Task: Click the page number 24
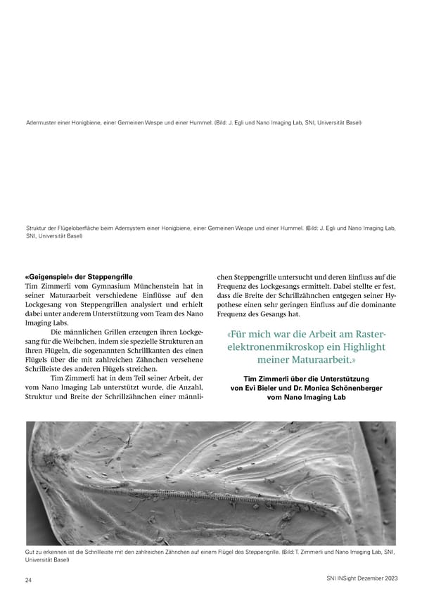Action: (x=27, y=581)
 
